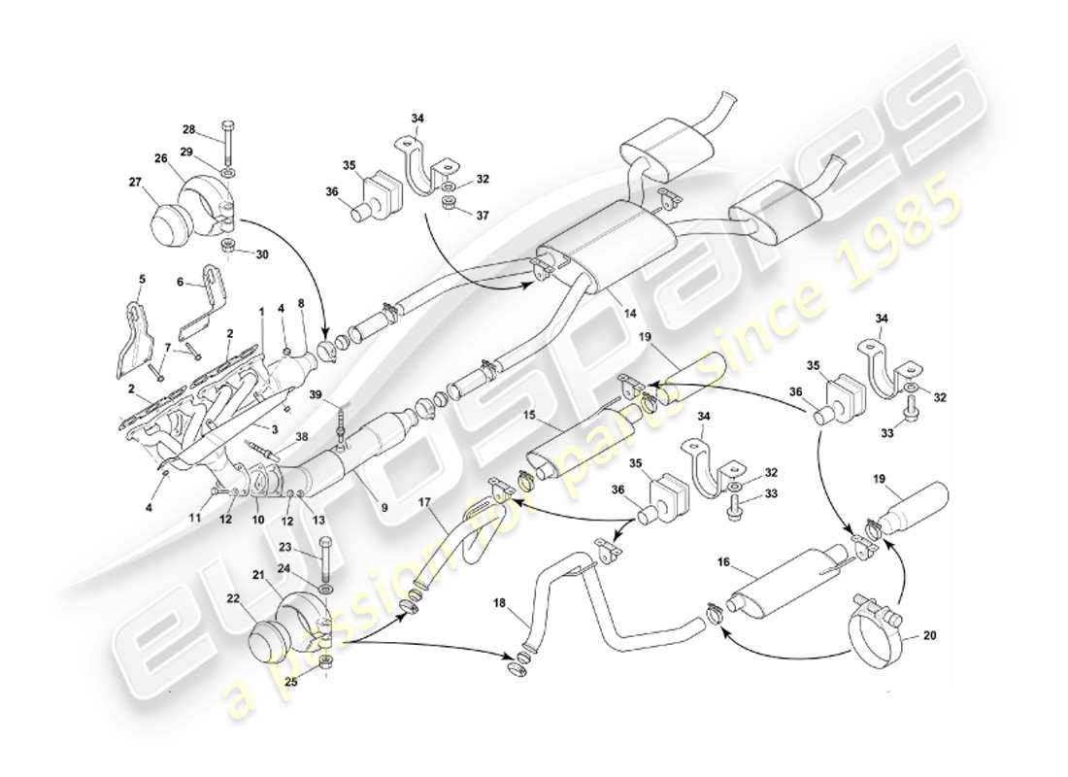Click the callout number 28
188,129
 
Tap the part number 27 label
135,181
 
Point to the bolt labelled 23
324,558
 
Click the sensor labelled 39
342,427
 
